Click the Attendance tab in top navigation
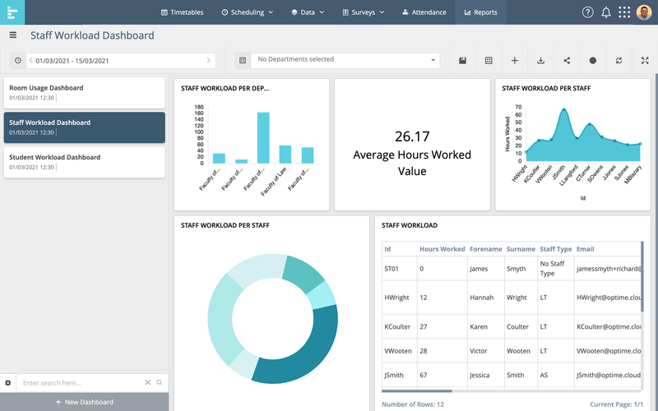pos(424,12)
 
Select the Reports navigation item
pos(480,12)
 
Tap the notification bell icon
pos(606,12)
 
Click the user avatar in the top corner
pos(644,12)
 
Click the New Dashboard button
pos(84,402)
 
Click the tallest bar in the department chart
pos(263,138)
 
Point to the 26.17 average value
pos(412,136)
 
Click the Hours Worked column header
pos(442,249)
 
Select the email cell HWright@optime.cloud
pos(608,298)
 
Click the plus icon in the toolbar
pos(514,60)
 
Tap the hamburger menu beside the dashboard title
pos(12,35)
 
